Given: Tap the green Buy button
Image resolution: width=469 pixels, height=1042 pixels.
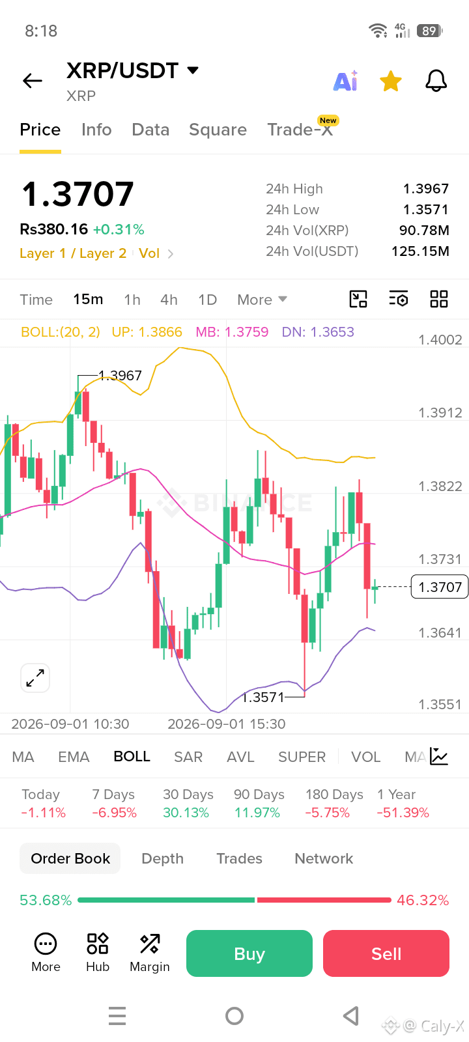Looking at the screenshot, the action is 249,953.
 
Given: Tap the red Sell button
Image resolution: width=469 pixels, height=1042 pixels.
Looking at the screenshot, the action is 386,953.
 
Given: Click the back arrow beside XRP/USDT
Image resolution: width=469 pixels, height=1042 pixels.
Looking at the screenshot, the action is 33,81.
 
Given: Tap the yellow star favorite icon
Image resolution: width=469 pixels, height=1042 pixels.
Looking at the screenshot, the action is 390,81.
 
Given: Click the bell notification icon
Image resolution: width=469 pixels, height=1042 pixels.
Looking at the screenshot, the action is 436,81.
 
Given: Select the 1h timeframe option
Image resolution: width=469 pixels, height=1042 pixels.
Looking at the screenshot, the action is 132,300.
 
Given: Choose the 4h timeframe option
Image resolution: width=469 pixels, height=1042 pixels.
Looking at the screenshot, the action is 169,300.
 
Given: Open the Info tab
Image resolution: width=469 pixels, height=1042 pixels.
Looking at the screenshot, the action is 96,130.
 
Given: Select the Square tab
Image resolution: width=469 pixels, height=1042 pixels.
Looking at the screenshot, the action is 218,130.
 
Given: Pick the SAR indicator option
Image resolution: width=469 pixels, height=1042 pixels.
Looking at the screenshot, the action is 188,757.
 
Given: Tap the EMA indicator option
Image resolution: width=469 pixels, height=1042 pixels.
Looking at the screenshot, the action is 74,757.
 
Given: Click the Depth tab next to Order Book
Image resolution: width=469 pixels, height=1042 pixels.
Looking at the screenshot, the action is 162,858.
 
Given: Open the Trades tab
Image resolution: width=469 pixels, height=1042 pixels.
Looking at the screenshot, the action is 239,858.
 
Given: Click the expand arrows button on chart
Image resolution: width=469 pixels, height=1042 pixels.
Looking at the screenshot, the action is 35,678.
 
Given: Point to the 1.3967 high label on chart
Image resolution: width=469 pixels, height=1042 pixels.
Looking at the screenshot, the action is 120,375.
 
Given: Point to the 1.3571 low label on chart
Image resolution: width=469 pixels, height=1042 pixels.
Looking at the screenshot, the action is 263,697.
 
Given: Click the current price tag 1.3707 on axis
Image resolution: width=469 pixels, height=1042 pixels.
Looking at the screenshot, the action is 440,587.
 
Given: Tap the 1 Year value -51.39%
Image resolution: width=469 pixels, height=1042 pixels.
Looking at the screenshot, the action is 403,813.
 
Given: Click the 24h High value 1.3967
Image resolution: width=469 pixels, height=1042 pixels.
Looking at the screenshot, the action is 426,188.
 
